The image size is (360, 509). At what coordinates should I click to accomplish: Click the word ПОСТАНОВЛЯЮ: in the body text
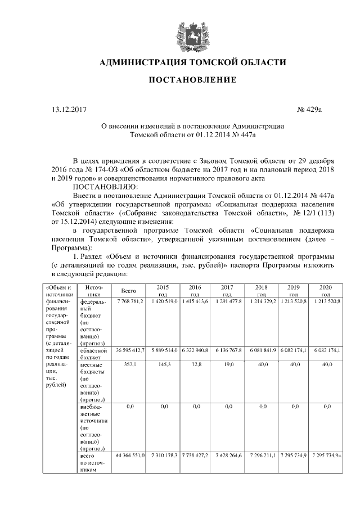101,187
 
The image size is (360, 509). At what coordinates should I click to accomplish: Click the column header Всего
129,291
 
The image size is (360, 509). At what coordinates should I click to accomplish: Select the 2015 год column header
163,290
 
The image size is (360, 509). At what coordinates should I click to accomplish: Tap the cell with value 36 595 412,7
130,350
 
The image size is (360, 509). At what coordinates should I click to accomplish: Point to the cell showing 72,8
196,364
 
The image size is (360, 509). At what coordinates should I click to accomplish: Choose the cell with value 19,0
228,364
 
